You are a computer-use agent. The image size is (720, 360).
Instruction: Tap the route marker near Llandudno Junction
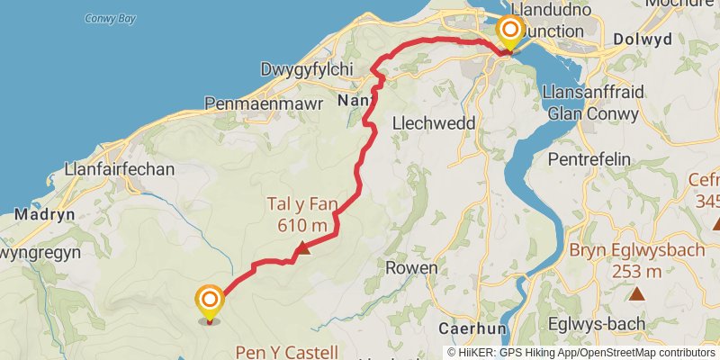tap(509, 33)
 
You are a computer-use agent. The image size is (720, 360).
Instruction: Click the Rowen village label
tap(411, 268)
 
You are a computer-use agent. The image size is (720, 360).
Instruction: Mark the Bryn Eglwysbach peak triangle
tap(637, 292)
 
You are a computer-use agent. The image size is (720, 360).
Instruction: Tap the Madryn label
tap(39, 215)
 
